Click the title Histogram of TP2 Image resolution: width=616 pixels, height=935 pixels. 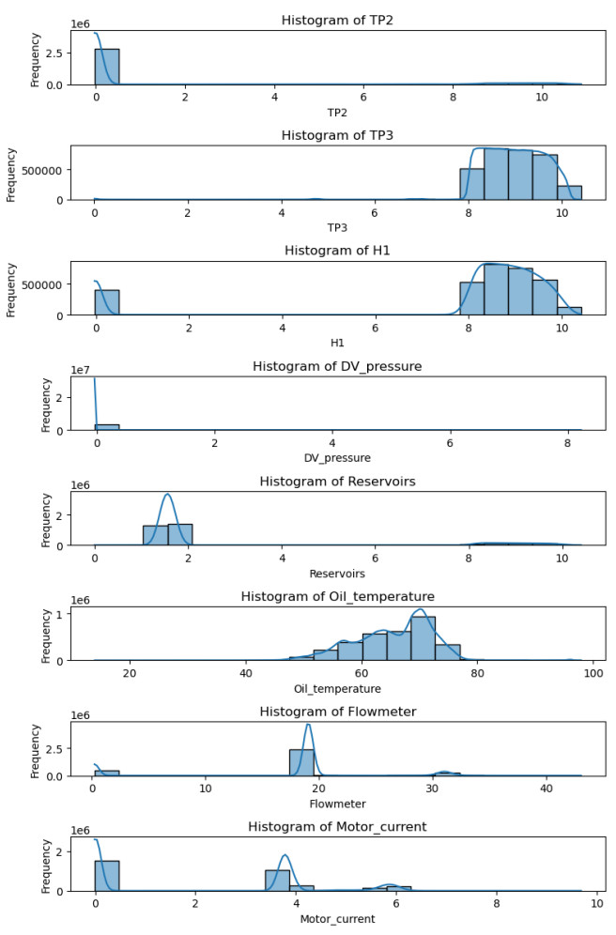coord(336,19)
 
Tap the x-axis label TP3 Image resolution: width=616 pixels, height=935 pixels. coord(336,226)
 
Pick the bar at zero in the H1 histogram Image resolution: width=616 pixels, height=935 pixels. coord(107,302)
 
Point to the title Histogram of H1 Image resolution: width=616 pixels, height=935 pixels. coord(336,251)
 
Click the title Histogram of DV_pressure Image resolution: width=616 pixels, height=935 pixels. coord(336,366)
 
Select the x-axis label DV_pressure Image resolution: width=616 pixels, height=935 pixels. coord(336,457)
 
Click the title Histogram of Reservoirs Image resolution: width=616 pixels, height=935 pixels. coord(336,482)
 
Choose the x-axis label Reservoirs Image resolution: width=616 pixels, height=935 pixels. coord(336,573)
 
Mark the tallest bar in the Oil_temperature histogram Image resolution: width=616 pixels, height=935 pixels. coord(423,638)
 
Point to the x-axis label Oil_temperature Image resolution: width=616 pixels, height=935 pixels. coord(336,688)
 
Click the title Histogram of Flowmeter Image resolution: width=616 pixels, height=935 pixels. coord(336,713)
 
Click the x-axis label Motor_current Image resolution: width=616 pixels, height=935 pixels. coord(336,919)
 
